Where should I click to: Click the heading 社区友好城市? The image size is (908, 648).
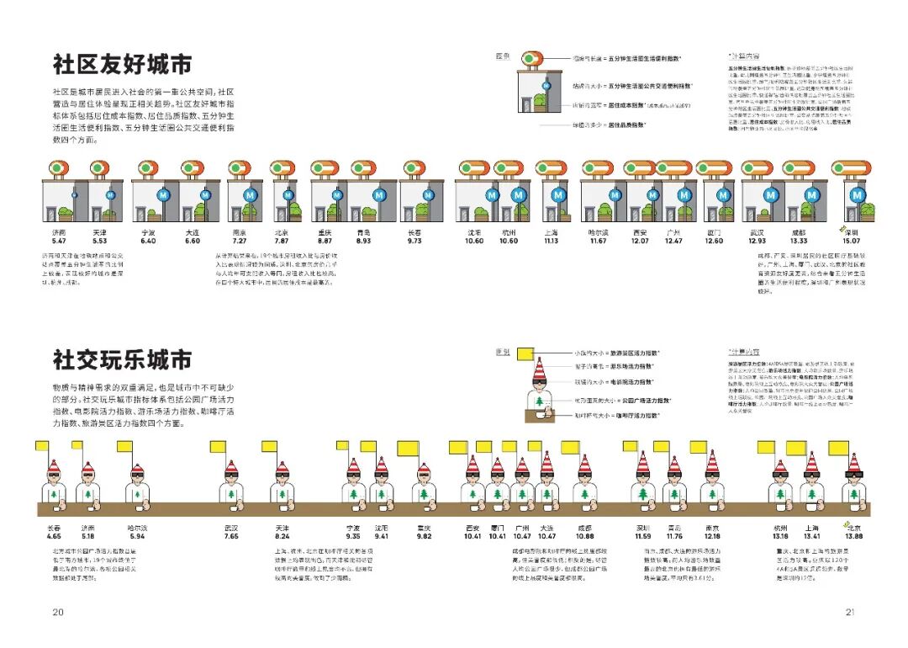tap(123, 65)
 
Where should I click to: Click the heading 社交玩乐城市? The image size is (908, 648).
tap(123, 361)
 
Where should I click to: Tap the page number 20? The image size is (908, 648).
tap(58, 612)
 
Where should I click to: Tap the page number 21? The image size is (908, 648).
tap(850, 612)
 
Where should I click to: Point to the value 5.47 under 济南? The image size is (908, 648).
tap(58, 241)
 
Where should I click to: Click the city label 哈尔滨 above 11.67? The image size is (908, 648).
tap(598, 231)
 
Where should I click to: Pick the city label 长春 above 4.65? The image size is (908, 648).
tap(54, 528)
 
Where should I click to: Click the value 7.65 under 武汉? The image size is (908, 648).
tap(231, 536)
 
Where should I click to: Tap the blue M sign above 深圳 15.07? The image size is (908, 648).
tap(858, 194)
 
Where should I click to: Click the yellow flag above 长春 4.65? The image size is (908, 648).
tap(46, 446)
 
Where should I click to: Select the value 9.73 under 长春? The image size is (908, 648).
tap(414, 241)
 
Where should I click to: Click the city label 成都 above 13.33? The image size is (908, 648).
tap(798, 231)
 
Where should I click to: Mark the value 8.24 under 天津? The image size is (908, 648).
tap(282, 536)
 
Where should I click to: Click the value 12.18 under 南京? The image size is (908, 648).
tap(712, 536)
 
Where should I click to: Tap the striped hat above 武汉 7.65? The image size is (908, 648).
tap(231, 468)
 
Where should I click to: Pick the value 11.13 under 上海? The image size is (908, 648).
tap(551, 241)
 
